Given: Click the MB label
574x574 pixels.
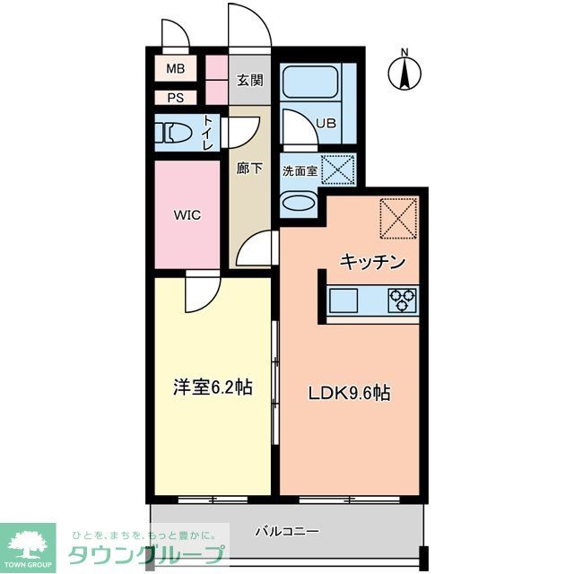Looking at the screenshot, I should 175,68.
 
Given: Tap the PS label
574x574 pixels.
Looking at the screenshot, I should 175,98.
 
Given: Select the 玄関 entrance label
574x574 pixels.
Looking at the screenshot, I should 250,80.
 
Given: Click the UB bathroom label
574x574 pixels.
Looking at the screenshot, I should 324,124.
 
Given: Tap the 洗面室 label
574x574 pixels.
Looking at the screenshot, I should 300,170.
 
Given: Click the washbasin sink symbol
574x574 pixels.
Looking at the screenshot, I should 299,202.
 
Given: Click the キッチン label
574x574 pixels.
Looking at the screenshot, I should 373,262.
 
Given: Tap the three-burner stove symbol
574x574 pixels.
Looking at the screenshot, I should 404,300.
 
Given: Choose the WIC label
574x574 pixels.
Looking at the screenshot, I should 187,215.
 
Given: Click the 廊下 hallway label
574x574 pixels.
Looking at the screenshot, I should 249,168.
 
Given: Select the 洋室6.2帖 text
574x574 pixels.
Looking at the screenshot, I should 212,387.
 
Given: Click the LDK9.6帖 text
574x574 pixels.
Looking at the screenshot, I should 350,392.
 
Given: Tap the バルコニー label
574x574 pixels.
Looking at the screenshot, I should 287,531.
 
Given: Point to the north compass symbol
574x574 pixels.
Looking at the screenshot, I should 404,72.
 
